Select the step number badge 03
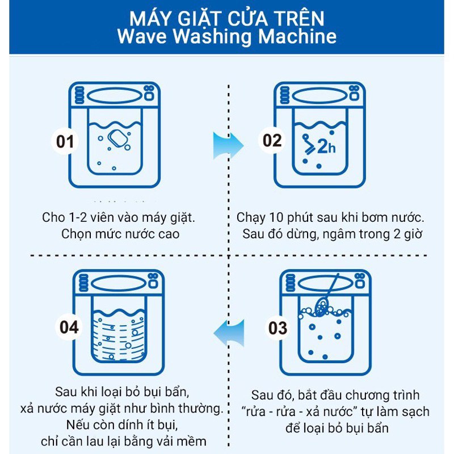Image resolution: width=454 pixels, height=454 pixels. (x=278, y=328)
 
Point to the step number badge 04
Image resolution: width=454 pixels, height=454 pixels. (x=71, y=327)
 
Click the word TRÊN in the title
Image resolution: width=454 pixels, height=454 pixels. (x=296, y=17)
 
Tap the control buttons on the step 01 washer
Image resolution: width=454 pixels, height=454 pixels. (x=149, y=94)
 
